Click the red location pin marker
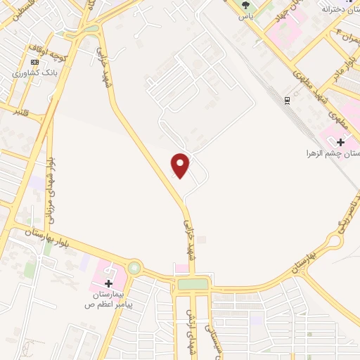coord(181,165)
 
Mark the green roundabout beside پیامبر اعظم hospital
coord(134,268)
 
